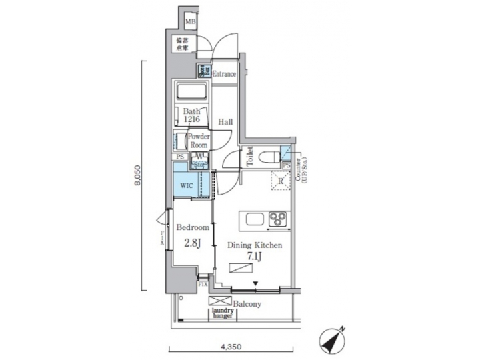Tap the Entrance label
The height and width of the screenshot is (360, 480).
click(224, 73)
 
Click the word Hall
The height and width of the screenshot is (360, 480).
click(225, 122)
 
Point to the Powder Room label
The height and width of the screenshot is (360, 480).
click(199, 140)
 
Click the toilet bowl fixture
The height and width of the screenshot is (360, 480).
click(268, 158)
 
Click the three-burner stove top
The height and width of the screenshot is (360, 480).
click(277, 219)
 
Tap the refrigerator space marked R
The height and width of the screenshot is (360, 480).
click(279, 181)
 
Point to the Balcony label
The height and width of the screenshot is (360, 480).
click(247, 304)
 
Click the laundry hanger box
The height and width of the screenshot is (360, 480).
click(222, 313)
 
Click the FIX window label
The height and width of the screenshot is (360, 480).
click(203, 284)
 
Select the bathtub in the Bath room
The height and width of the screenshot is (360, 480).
click(192, 92)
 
